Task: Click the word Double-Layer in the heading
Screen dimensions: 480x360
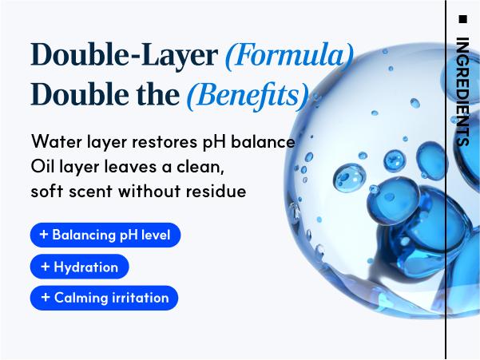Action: tap(125, 55)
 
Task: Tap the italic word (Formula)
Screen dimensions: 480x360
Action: tap(290, 55)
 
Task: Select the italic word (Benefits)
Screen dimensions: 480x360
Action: tap(248, 95)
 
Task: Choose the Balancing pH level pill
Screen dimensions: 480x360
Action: tap(105, 235)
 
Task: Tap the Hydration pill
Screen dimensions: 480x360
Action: tap(80, 267)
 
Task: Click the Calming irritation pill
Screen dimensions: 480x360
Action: tap(104, 298)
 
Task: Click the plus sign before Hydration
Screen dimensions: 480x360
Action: tap(46, 267)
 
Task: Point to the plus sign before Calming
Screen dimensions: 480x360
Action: tap(46, 297)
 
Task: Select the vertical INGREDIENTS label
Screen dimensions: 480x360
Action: tap(463, 92)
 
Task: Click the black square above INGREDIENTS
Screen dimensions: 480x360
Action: tap(463, 19)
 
